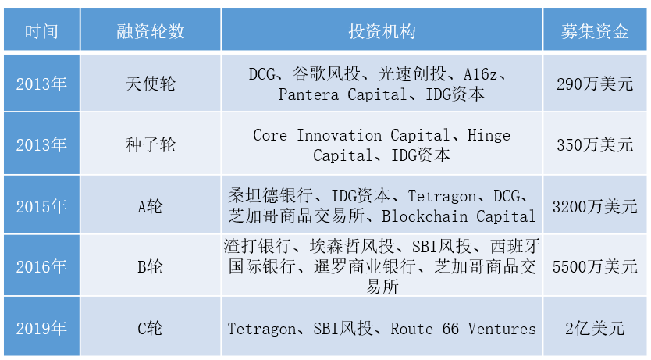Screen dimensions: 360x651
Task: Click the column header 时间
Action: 41,31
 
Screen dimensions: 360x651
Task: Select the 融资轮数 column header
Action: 151,31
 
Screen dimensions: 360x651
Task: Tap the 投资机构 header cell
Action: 382,31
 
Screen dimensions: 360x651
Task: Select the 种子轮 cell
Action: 151,145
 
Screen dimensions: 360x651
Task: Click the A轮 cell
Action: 151,206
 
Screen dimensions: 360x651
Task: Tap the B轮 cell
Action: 151,267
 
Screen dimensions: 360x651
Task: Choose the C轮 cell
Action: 151,328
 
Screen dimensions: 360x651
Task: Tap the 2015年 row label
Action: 41,206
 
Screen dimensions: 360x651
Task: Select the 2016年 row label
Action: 41,267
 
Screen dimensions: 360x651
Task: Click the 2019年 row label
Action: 41,328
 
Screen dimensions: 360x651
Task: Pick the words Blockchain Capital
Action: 458,216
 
